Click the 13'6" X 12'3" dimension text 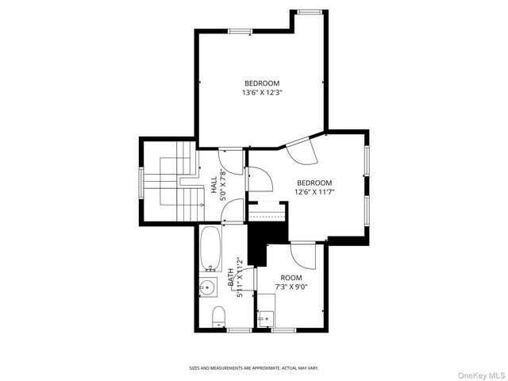pyautogui.click(x=262, y=92)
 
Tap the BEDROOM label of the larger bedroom pyautogui.click(x=262, y=83)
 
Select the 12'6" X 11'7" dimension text pyautogui.click(x=314, y=191)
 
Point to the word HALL pyautogui.click(x=214, y=185)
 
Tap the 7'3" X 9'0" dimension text pyautogui.click(x=291, y=287)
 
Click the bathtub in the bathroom pyautogui.click(x=210, y=248)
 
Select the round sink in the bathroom pyautogui.click(x=209, y=287)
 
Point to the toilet pyautogui.click(x=219, y=317)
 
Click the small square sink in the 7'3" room pyautogui.click(x=265, y=318)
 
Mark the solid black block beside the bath pyautogui.click(x=257, y=243)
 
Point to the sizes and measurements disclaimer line pyautogui.click(x=253, y=368)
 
